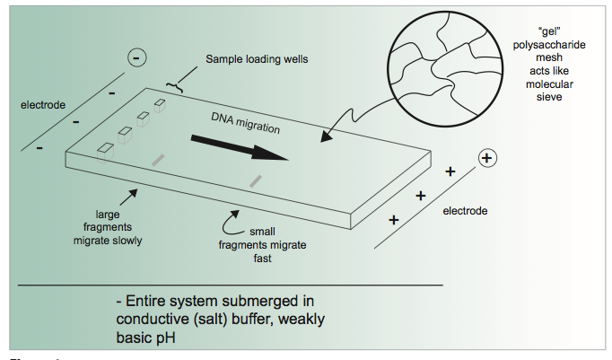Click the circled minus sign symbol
click(136, 58)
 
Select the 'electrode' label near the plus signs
click(466, 210)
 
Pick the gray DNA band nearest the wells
click(159, 160)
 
